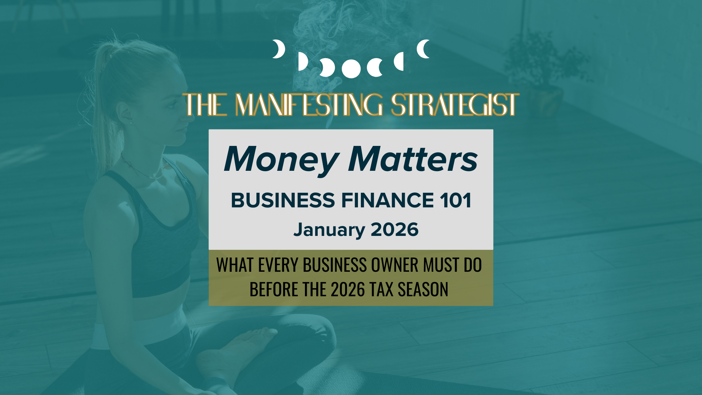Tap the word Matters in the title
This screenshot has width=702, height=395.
[x=413, y=159]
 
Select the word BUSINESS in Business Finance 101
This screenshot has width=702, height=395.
[x=283, y=200]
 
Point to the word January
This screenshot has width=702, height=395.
[x=329, y=230]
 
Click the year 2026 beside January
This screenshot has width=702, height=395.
[x=395, y=230]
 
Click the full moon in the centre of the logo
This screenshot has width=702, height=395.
[x=351, y=68]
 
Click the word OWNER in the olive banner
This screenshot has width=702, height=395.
[x=395, y=265]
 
